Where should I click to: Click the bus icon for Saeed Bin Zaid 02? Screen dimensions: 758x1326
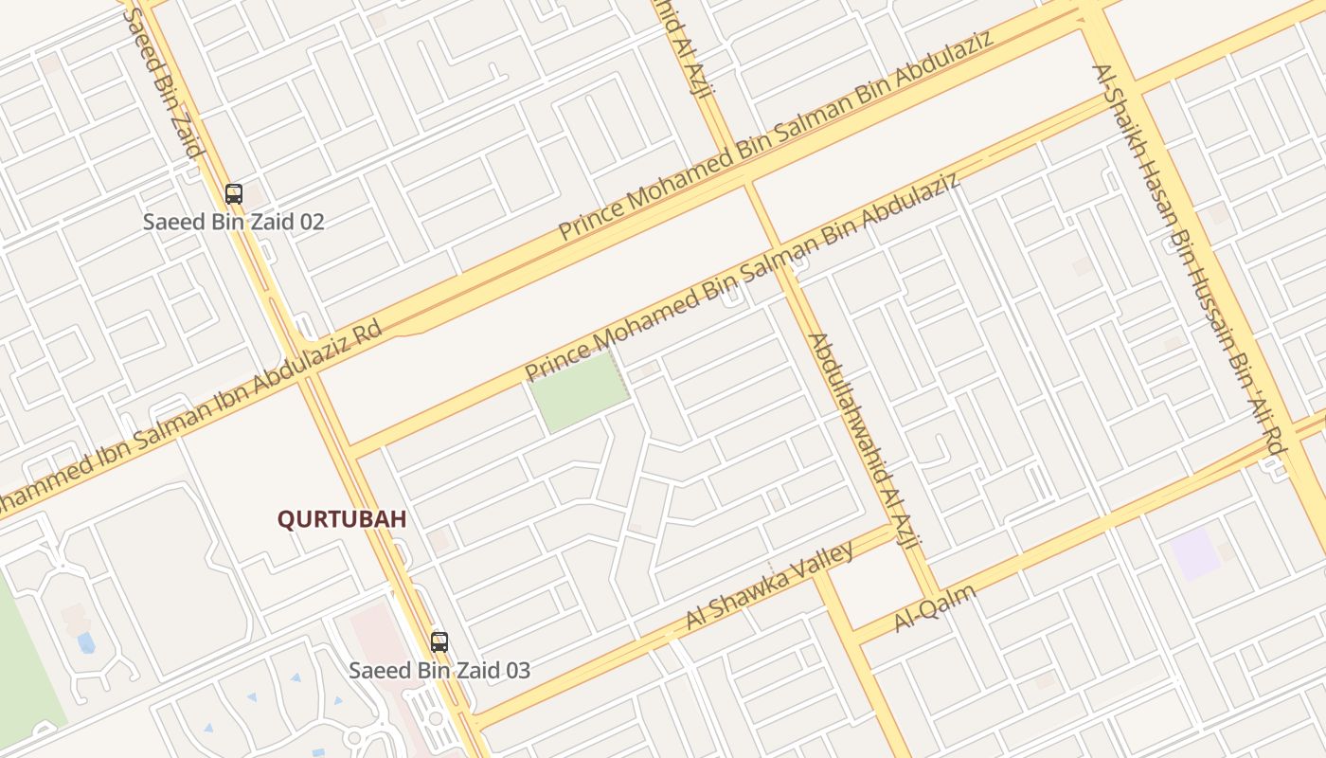(x=234, y=194)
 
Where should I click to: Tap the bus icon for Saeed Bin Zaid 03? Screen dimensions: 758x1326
(x=439, y=642)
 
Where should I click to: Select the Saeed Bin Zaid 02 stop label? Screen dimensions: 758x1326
(x=234, y=222)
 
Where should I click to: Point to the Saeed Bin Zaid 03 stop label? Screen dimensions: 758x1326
(x=439, y=671)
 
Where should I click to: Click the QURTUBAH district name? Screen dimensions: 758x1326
(x=342, y=519)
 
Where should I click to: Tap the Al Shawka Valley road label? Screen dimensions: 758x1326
(x=770, y=587)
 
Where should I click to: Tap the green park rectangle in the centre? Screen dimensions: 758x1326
(x=578, y=391)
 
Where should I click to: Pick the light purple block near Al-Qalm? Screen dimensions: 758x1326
(x=1195, y=553)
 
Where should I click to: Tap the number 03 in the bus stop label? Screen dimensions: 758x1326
(x=516, y=671)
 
